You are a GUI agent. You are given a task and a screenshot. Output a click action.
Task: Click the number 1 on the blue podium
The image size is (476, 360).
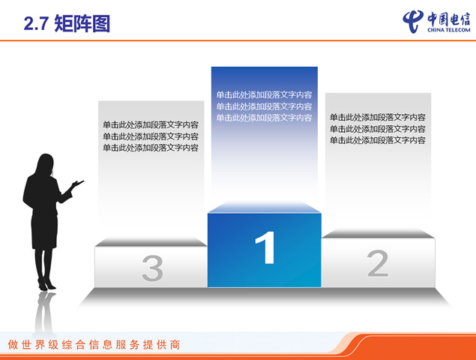pyautogui.click(x=266, y=247)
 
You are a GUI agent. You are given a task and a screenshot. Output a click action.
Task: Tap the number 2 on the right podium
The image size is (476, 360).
pyautogui.click(x=378, y=263)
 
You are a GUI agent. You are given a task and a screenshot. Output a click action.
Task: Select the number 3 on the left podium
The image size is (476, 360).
pyautogui.click(x=152, y=268)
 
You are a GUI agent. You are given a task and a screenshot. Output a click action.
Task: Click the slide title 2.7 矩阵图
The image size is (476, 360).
pyautogui.click(x=67, y=24)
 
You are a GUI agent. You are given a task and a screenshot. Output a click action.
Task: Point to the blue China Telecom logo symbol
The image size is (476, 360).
pyautogui.click(x=413, y=21)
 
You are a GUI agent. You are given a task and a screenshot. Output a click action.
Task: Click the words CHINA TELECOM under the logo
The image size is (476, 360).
pyautogui.click(x=449, y=30)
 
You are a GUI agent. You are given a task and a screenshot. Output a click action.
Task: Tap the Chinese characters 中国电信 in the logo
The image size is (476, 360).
pyautogui.click(x=449, y=19)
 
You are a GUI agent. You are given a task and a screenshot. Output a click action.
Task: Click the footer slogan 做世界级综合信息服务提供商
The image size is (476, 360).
pyautogui.click(x=94, y=345)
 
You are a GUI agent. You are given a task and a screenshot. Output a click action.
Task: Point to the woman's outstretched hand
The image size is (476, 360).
pyautogui.click(x=77, y=183)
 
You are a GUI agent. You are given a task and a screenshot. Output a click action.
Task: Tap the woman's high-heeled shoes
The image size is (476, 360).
pyautogui.click(x=46, y=284)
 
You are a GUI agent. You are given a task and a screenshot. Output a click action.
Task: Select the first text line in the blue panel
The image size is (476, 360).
pyautogui.click(x=264, y=94)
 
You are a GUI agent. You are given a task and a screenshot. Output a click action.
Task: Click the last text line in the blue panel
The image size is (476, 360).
pyautogui.click(x=264, y=118)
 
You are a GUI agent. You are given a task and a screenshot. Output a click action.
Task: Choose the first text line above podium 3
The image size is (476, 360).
pyautogui.click(x=151, y=124)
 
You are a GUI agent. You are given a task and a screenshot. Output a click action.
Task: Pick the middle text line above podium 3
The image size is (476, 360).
pyautogui.click(x=151, y=136)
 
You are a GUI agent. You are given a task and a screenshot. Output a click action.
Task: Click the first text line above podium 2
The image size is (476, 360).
pyautogui.click(x=378, y=117)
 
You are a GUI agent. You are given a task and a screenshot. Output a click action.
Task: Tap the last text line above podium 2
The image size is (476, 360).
pyautogui.click(x=378, y=140)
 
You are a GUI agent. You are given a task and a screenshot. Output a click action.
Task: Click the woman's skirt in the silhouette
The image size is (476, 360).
pyautogui.click(x=44, y=231)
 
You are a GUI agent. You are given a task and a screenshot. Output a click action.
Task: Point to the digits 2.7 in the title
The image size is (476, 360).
pyautogui.click(x=37, y=24)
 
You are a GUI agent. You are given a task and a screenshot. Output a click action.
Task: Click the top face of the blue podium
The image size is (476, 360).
pyautogui.click(x=265, y=207)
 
